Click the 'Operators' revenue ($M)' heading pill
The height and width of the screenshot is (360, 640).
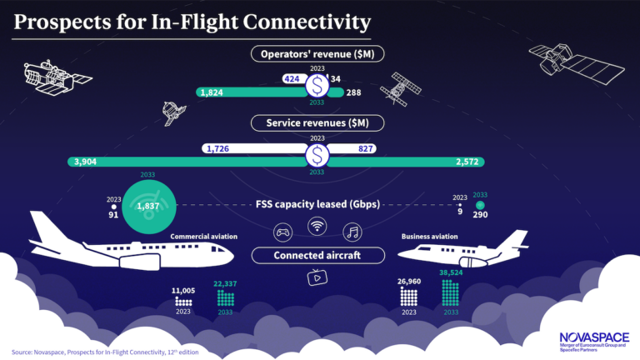(317, 53)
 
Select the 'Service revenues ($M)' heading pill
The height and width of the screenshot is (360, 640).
(317, 122)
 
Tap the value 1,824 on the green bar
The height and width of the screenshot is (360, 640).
(210, 92)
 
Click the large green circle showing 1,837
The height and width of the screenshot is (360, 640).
(149, 206)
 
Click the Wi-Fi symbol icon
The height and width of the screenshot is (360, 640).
(317, 225)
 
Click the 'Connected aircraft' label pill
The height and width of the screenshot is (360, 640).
(317, 255)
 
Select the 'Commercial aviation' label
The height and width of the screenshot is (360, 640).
(204, 237)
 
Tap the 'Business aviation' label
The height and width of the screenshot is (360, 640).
(430, 237)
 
